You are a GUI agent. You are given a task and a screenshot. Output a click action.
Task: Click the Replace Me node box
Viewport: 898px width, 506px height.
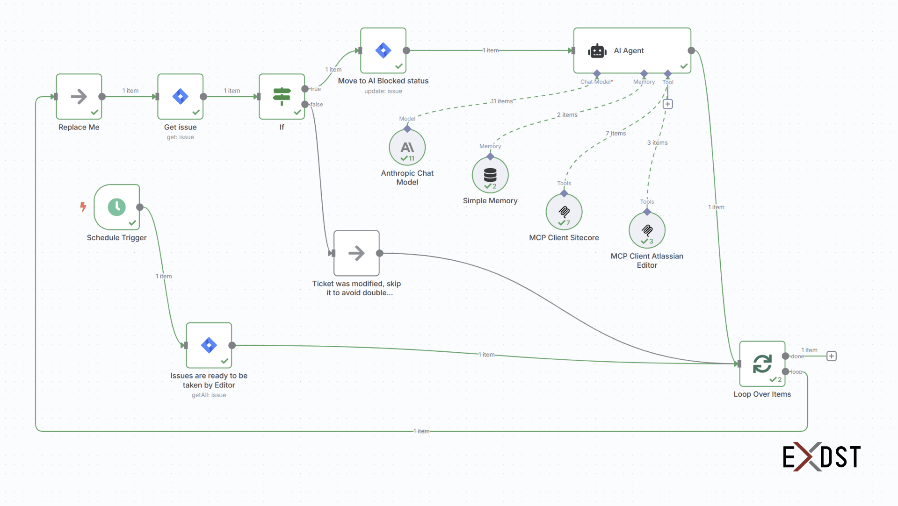(79, 97)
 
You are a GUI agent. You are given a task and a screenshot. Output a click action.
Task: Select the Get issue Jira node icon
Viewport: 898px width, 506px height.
(180, 97)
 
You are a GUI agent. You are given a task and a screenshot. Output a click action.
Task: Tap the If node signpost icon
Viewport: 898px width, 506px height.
(282, 97)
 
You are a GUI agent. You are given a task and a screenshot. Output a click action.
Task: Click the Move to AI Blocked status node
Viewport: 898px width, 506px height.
(383, 50)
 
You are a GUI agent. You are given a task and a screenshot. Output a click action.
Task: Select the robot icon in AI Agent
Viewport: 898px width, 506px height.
(597, 51)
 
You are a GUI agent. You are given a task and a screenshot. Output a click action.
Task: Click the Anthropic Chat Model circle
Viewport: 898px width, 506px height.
(407, 148)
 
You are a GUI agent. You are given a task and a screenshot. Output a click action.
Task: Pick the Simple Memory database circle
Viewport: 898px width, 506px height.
(490, 175)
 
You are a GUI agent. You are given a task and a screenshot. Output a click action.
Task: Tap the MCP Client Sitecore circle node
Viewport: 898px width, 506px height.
(564, 212)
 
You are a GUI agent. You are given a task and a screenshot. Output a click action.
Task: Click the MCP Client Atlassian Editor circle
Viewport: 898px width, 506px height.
(647, 230)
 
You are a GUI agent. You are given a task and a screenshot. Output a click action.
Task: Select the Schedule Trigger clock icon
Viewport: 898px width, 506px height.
(117, 207)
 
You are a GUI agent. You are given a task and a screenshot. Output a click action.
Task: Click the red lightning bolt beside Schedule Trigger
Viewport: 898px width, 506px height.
(83, 207)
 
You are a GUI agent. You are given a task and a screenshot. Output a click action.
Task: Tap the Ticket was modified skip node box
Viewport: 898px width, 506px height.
(356, 253)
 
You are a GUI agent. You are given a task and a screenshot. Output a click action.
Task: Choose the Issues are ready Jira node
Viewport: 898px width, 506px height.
(209, 345)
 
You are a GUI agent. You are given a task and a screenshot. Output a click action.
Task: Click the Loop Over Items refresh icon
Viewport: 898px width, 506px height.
(762, 363)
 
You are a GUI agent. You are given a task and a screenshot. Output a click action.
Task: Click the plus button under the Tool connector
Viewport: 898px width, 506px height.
(668, 104)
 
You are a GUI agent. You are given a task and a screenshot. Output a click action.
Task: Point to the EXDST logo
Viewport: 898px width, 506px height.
(821, 456)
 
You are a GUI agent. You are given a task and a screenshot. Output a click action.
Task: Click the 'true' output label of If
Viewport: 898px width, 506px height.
(316, 89)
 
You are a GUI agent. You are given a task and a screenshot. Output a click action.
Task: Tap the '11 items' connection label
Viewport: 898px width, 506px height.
(502, 101)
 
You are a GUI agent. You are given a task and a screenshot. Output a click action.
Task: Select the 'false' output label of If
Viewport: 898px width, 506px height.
(317, 105)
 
